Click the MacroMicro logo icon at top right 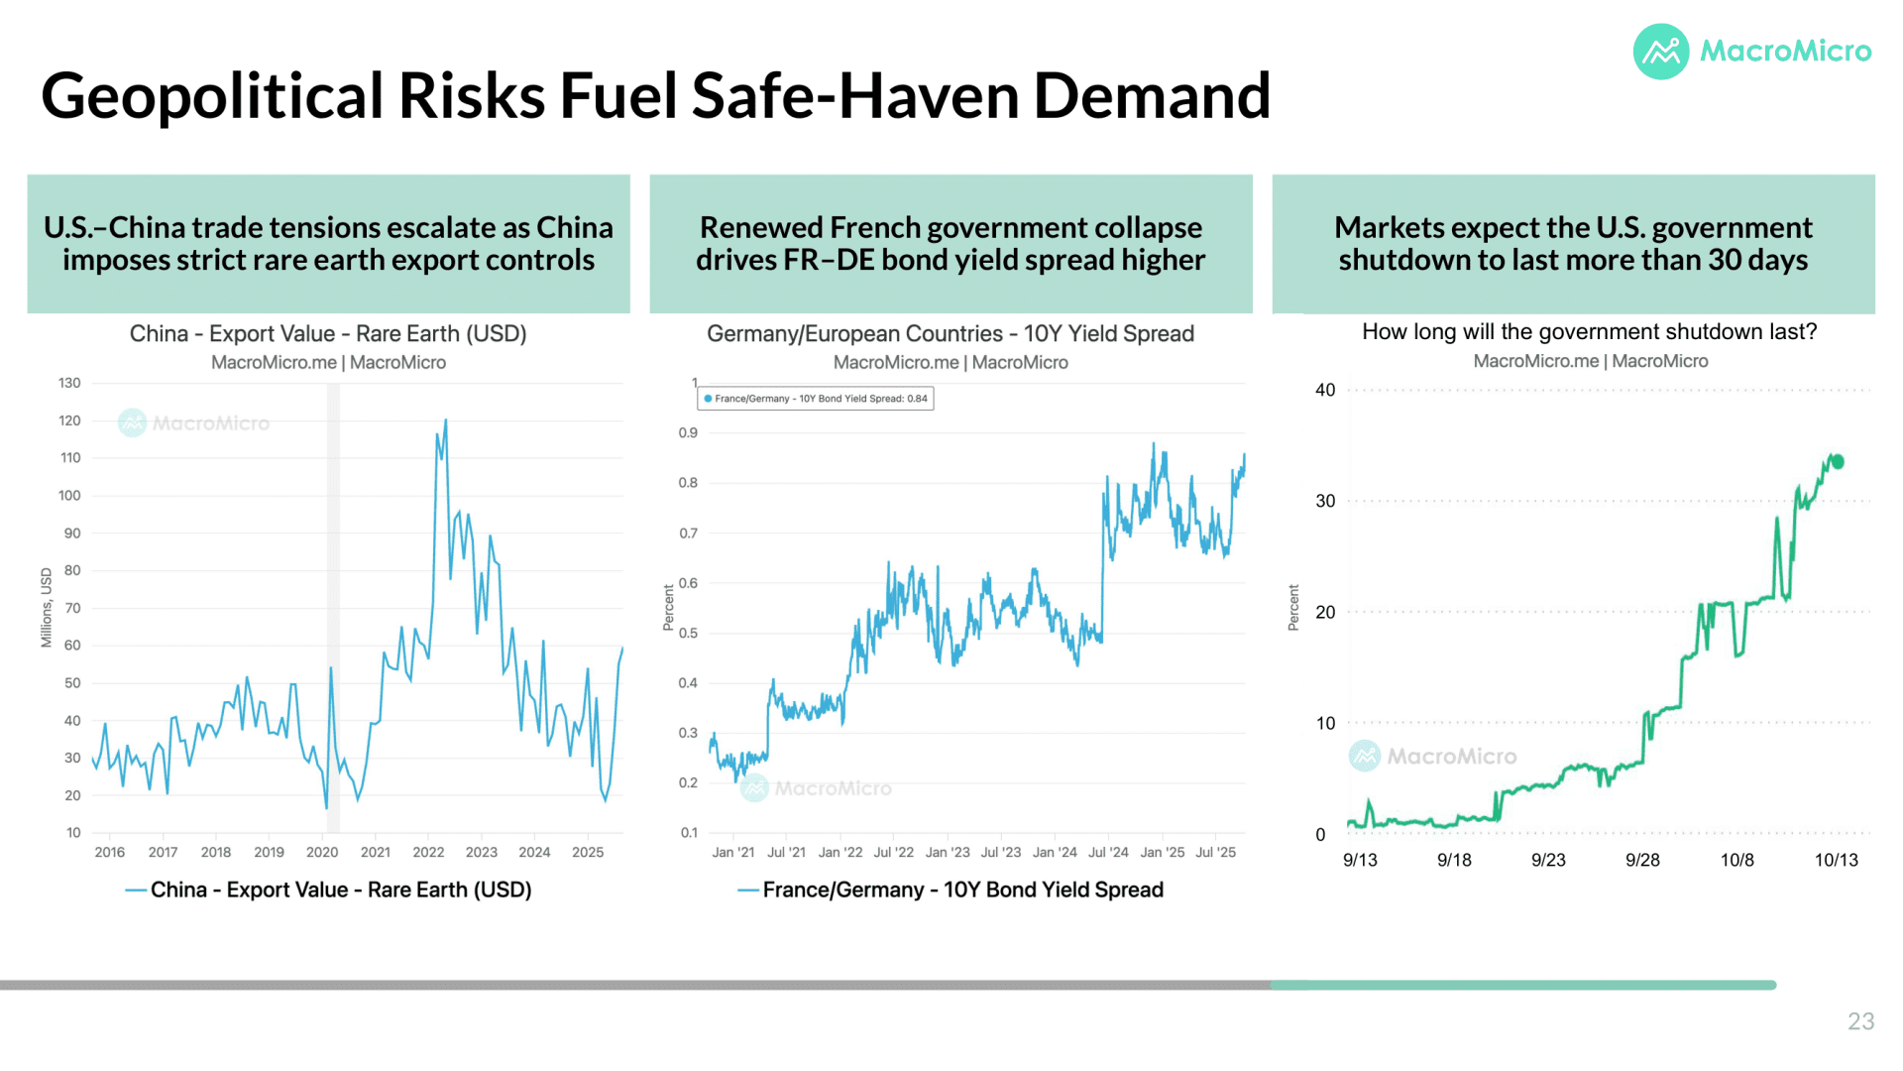(x=1661, y=52)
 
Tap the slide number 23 (x=1860, y=1021)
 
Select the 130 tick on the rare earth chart (x=69, y=383)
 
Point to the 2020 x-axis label (x=322, y=852)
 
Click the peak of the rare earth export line (x=446, y=419)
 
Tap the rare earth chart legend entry (x=329, y=890)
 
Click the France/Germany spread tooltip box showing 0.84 (x=816, y=399)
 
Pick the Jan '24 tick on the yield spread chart (x=1055, y=852)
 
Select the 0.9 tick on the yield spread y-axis (x=688, y=433)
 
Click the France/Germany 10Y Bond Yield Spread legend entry (x=951, y=890)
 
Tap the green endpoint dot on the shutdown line (x=1838, y=461)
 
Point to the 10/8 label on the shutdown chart (x=1736, y=860)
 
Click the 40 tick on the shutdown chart (x=1325, y=390)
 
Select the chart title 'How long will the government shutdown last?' (x=1589, y=331)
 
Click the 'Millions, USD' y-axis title (x=47, y=608)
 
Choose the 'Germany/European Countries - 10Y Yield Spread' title (x=951, y=333)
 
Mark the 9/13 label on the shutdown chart (x=1360, y=860)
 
